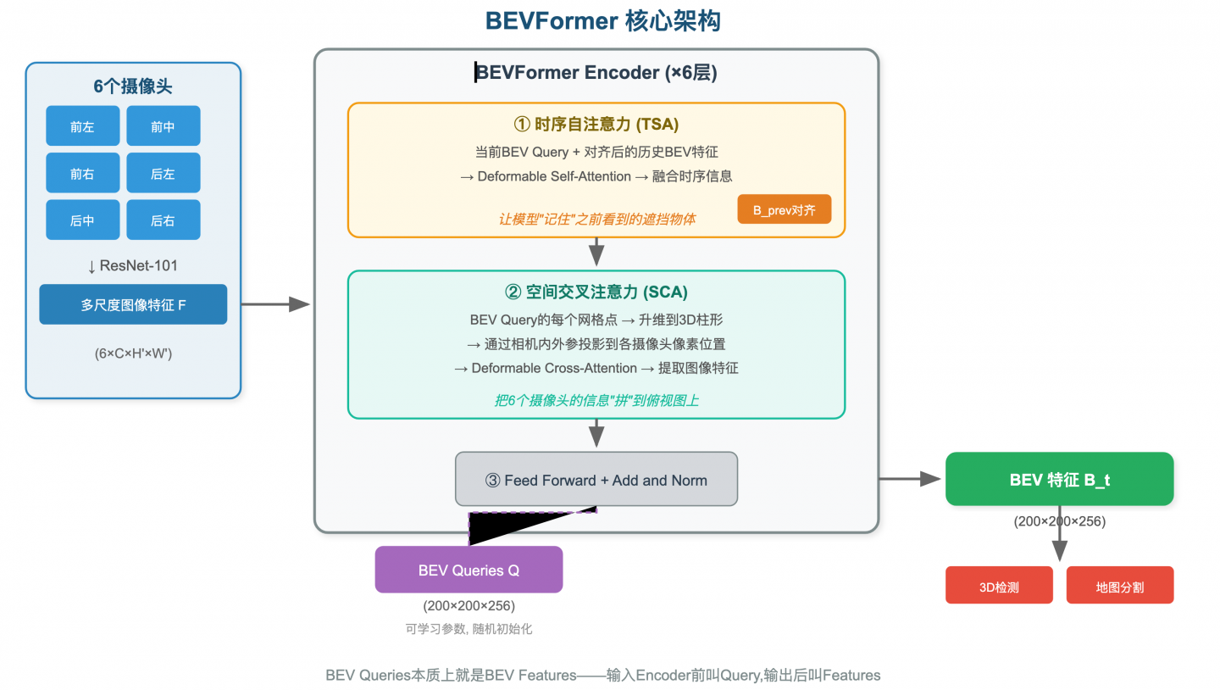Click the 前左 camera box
click(x=82, y=126)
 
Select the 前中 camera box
click(x=163, y=126)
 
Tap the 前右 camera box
click(x=82, y=173)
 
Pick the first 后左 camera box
click(x=163, y=173)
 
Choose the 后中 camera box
click(x=82, y=220)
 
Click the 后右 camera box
click(x=163, y=220)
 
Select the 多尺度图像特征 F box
click(x=133, y=304)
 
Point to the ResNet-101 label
click(x=133, y=265)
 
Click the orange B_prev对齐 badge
click(x=784, y=209)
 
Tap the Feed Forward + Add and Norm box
click(x=596, y=479)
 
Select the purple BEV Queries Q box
click(x=469, y=570)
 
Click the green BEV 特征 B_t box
click(x=1059, y=479)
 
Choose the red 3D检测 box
click(x=999, y=586)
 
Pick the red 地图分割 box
click(x=1119, y=586)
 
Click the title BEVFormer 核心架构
click(x=602, y=20)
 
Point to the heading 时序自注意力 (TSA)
click(x=596, y=125)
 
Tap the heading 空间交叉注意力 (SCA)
click(x=596, y=292)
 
